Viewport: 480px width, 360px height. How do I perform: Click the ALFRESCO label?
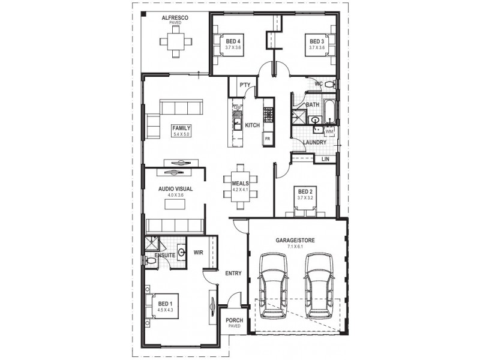tap(175, 19)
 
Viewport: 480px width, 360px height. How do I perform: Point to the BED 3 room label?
tap(317, 41)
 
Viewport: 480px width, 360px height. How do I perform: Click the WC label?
tap(319, 84)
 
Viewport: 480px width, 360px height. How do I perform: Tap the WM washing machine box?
tap(329, 130)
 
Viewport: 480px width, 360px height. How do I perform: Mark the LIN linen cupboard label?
tap(325, 159)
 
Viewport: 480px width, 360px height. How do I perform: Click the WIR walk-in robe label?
tap(198, 253)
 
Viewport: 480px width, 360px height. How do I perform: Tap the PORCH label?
tap(234, 320)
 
